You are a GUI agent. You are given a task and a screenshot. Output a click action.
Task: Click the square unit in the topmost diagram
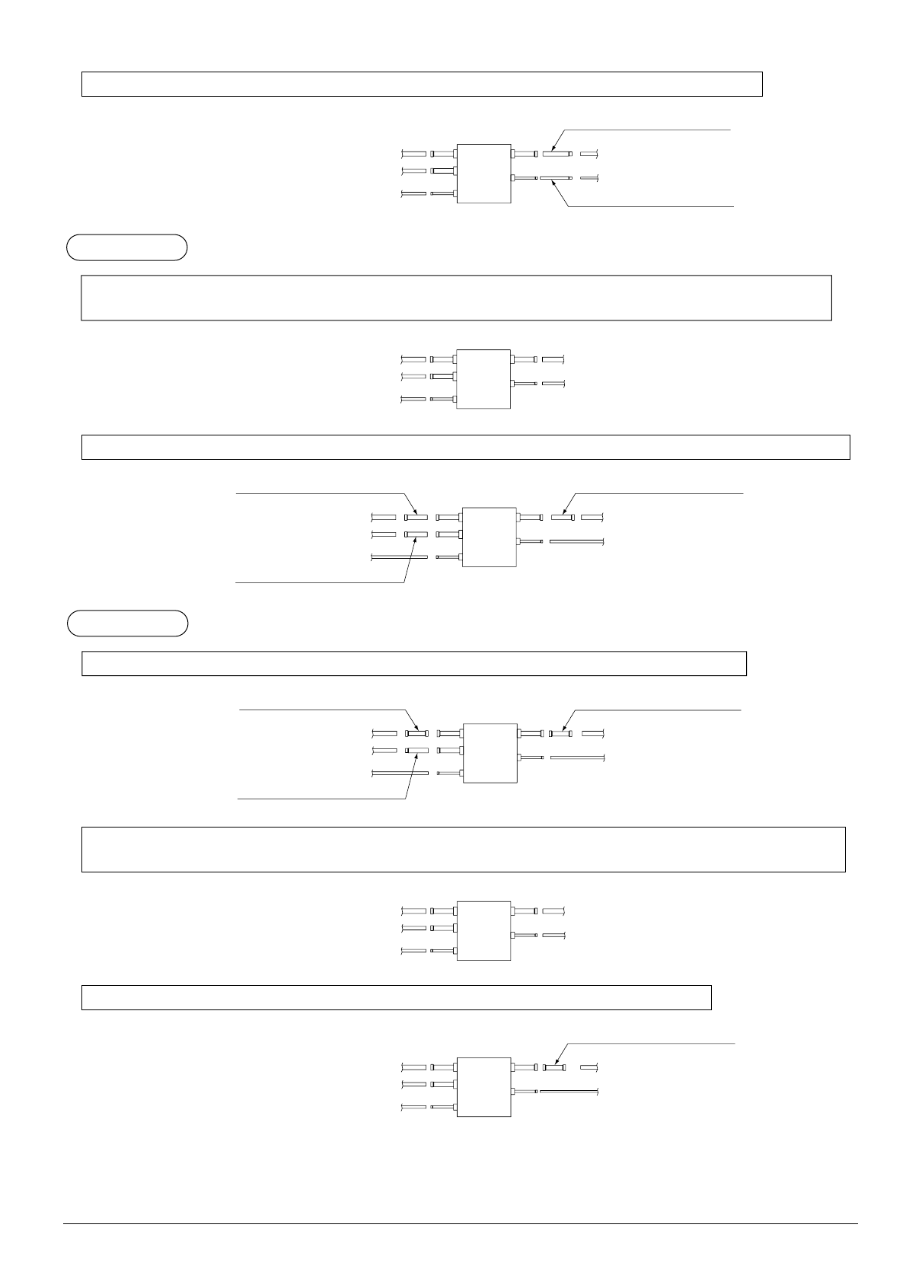(483, 174)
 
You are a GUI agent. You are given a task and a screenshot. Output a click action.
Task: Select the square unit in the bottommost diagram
(483, 1086)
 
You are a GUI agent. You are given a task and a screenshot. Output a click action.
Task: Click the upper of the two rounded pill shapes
(126, 247)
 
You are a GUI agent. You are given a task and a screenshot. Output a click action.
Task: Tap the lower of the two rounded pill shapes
(126, 623)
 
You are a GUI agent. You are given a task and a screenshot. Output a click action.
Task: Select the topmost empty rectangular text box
(422, 84)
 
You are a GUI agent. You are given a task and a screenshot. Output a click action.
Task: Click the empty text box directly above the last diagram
(396, 997)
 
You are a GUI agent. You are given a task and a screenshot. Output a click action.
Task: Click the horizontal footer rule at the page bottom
(460, 1224)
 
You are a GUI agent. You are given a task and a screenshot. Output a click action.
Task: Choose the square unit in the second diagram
(483, 379)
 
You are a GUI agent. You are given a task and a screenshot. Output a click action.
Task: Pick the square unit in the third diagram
(489, 537)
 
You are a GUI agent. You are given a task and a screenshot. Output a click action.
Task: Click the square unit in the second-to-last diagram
(483, 931)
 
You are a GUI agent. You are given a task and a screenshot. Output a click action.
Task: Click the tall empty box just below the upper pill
(456, 298)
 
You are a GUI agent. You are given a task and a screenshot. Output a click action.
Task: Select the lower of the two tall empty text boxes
(463, 849)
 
